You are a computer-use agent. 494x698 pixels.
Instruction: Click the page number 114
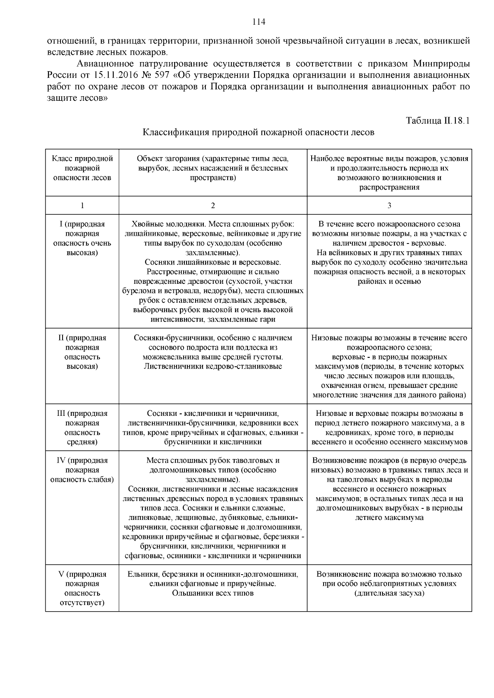(x=259, y=22)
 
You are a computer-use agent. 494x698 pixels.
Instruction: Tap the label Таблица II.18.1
(x=438, y=121)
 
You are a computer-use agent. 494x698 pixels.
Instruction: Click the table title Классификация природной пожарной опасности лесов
(x=259, y=132)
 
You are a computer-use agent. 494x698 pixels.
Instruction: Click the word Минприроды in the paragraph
(x=441, y=64)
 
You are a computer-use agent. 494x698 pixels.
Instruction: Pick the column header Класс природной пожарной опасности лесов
(x=82, y=168)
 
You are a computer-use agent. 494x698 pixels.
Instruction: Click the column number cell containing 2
(x=213, y=206)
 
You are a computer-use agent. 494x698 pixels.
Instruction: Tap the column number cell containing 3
(x=389, y=206)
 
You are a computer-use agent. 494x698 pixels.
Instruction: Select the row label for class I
(x=82, y=239)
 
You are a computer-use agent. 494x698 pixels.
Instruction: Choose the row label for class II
(x=82, y=352)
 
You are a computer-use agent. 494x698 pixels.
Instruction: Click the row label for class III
(x=82, y=428)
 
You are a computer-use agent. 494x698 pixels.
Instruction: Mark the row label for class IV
(x=82, y=470)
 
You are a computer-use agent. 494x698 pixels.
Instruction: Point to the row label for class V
(x=82, y=589)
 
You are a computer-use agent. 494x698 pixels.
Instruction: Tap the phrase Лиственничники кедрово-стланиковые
(x=213, y=366)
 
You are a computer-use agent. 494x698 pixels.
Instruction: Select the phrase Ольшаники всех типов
(x=213, y=593)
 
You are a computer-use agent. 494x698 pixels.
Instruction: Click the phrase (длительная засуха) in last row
(x=389, y=593)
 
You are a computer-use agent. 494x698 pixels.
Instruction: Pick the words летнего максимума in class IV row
(x=389, y=517)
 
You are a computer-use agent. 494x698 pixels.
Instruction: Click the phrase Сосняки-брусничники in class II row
(x=167, y=338)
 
